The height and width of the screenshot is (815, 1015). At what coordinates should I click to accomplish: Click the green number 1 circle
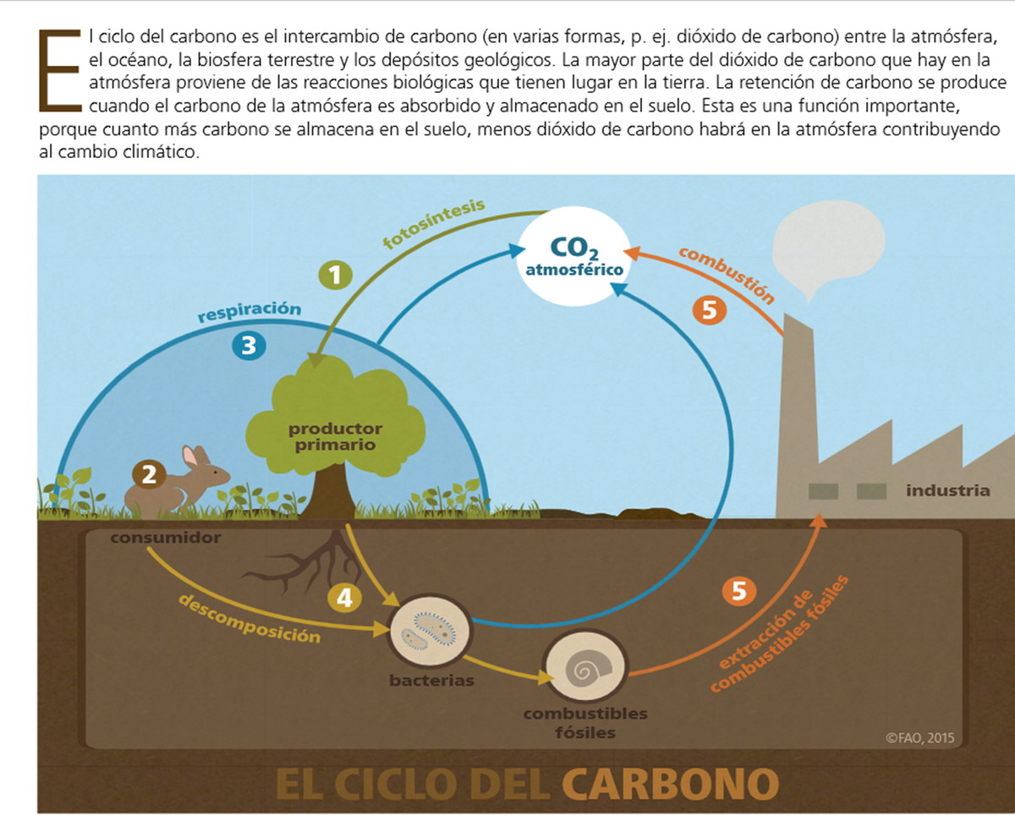pos(336,275)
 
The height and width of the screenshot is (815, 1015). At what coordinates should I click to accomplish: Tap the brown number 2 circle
pos(149,475)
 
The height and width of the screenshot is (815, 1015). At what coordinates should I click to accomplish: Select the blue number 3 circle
pos(249,345)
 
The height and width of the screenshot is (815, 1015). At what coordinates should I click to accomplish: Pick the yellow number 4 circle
pos(344,598)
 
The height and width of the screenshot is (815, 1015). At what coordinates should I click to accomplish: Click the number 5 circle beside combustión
pos(709,310)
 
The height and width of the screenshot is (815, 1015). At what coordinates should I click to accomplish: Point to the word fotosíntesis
pos(433,224)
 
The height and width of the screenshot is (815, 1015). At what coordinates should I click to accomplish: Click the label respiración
pos(249,311)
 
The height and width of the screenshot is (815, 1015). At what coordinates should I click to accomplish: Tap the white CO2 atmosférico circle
pos(574,254)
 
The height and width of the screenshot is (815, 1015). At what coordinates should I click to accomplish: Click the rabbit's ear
pos(191,457)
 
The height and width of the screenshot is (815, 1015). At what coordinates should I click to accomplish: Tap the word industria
pos(947,490)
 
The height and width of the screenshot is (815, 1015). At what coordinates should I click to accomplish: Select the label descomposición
pos(250,617)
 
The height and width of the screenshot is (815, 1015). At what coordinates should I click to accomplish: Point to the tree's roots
pos(313,562)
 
